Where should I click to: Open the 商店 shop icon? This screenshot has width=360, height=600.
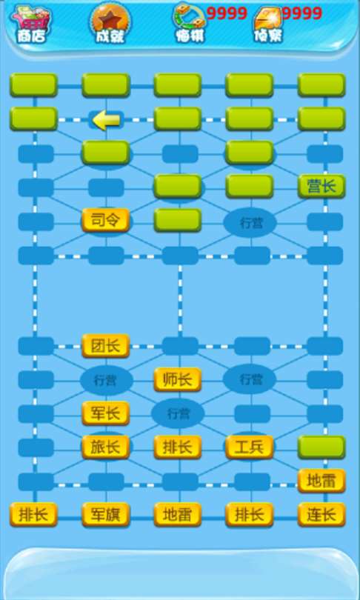point(31,24)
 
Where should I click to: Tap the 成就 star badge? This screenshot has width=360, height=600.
point(111,24)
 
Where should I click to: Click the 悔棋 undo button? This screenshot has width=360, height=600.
point(190,24)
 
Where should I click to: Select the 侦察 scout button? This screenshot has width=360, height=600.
point(269,24)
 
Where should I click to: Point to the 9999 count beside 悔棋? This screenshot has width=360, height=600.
point(227,14)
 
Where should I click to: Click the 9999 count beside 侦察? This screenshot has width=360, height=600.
point(302,14)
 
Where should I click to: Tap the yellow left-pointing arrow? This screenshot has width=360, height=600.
point(107,121)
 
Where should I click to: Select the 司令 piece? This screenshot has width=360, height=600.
point(106,220)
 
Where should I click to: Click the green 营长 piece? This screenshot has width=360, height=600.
point(321,187)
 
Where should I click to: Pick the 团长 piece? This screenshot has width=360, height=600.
point(106,346)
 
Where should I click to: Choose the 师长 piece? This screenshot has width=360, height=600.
point(178,379)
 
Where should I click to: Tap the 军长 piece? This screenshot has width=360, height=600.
point(106,413)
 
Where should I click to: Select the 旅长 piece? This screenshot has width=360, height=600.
point(106,447)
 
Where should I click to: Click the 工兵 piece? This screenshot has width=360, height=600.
point(250,447)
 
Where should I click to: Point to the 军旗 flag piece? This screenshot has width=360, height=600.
point(106,515)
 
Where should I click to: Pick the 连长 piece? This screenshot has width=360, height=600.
point(321,515)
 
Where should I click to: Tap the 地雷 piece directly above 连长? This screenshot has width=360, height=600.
point(321,481)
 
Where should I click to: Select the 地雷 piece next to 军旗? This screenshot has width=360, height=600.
point(178,515)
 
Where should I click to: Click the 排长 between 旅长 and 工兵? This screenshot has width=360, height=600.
point(178,447)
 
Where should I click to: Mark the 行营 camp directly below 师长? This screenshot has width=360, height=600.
point(178,413)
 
